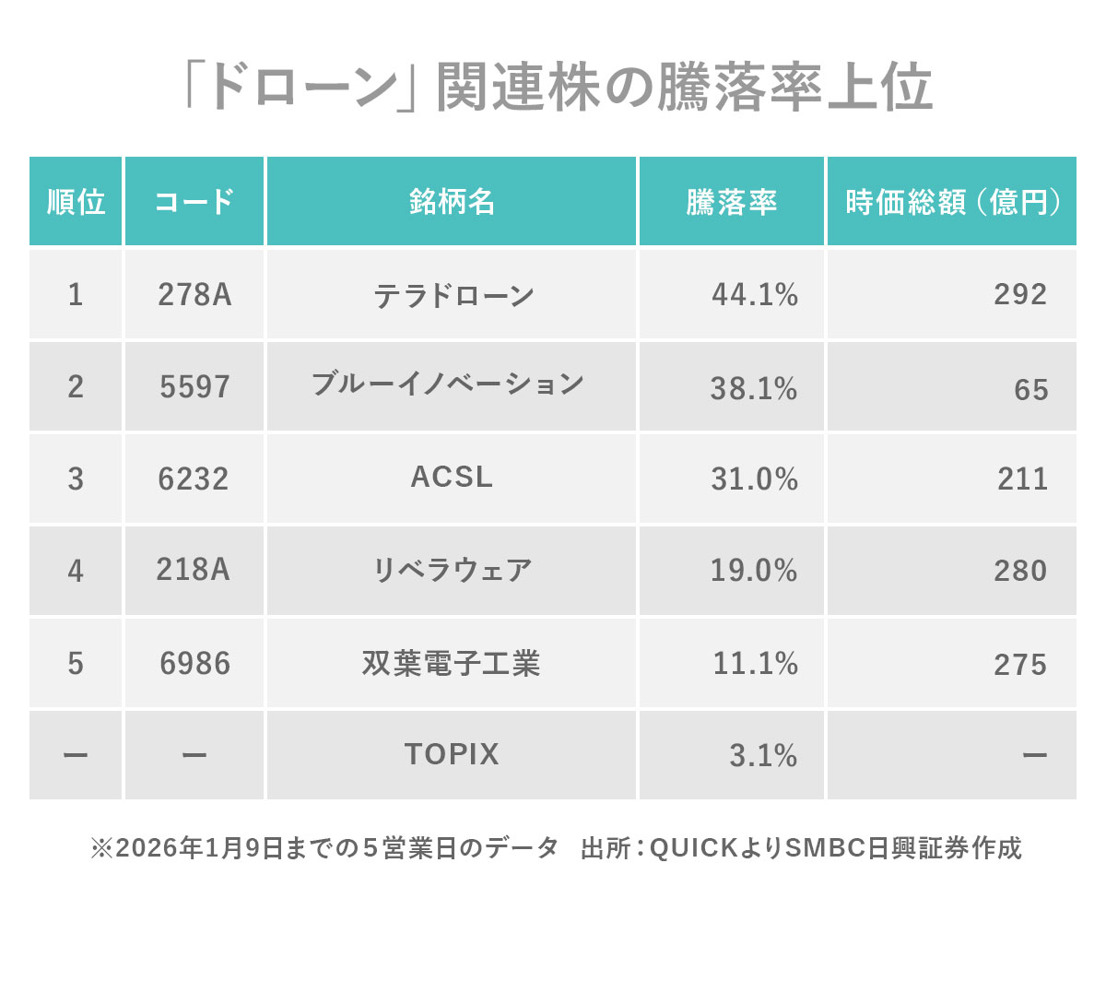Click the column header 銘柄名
452,202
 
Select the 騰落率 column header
731,202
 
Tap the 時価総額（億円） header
952,202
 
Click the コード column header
194,202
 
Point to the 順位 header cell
76,202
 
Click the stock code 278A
194,294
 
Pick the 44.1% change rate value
755,294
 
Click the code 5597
194,386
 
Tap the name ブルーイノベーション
448,384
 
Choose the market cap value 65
1030,389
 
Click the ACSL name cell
452,477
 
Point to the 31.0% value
754,479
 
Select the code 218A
193,569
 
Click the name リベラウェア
452,570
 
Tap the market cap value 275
1020,664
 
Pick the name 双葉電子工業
451,663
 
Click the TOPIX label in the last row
452,754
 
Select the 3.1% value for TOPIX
763,755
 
